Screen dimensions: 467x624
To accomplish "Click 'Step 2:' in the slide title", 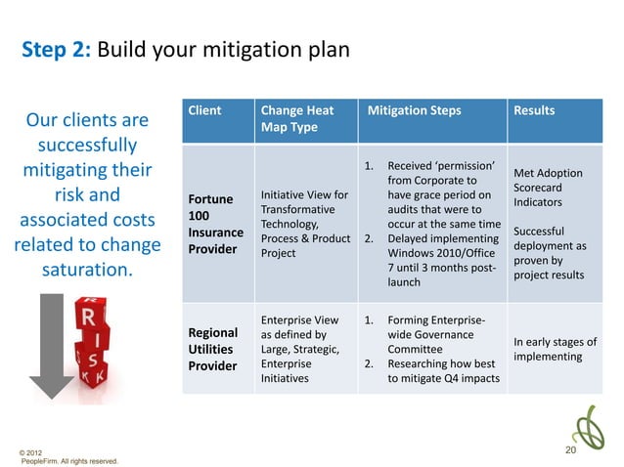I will [54, 50].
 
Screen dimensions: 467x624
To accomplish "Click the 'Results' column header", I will [534, 110].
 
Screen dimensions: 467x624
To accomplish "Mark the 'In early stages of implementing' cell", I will [555, 349].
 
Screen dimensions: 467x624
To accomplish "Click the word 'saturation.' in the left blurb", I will [86, 266].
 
